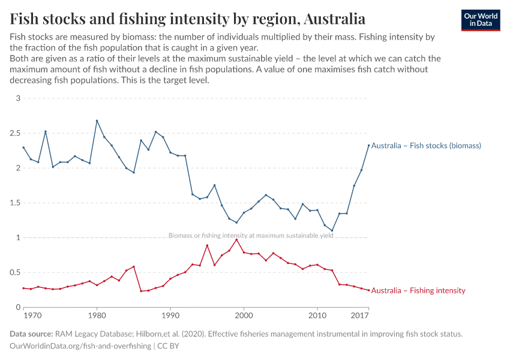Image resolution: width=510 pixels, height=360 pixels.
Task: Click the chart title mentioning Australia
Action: click(x=188, y=19)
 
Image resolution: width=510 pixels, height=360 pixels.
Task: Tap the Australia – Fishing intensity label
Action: click(x=418, y=290)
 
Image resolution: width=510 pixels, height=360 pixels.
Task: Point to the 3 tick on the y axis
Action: click(x=18, y=98)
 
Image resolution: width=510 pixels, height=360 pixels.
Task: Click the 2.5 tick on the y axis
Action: click(x=15, y=133)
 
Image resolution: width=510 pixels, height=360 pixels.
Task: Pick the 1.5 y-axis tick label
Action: click(x=15, y=203)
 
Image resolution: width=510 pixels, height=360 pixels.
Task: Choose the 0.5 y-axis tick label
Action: click(x=15, y=272)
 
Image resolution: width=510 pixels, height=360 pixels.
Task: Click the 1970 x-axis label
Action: click(x=31, y=316)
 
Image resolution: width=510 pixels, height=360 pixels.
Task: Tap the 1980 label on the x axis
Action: click(x=97, y=316)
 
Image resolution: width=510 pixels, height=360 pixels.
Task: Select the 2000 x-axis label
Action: click(x=244, y=316)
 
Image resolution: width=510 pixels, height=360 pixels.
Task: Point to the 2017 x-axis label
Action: click(x=360, y=316)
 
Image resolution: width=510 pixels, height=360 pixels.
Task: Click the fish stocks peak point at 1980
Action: click(x=97, y=121)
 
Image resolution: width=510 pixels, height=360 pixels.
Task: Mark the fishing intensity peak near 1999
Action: click(x=236, y=240)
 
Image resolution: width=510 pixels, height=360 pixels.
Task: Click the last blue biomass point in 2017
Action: click(x=368, y=145)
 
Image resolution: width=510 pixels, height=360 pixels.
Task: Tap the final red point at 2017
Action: click(x=368, y=290)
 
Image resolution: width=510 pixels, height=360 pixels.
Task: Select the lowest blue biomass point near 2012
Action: click(x=332, y=230)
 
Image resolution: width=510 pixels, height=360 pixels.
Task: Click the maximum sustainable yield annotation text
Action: click(x=251, y=236)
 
